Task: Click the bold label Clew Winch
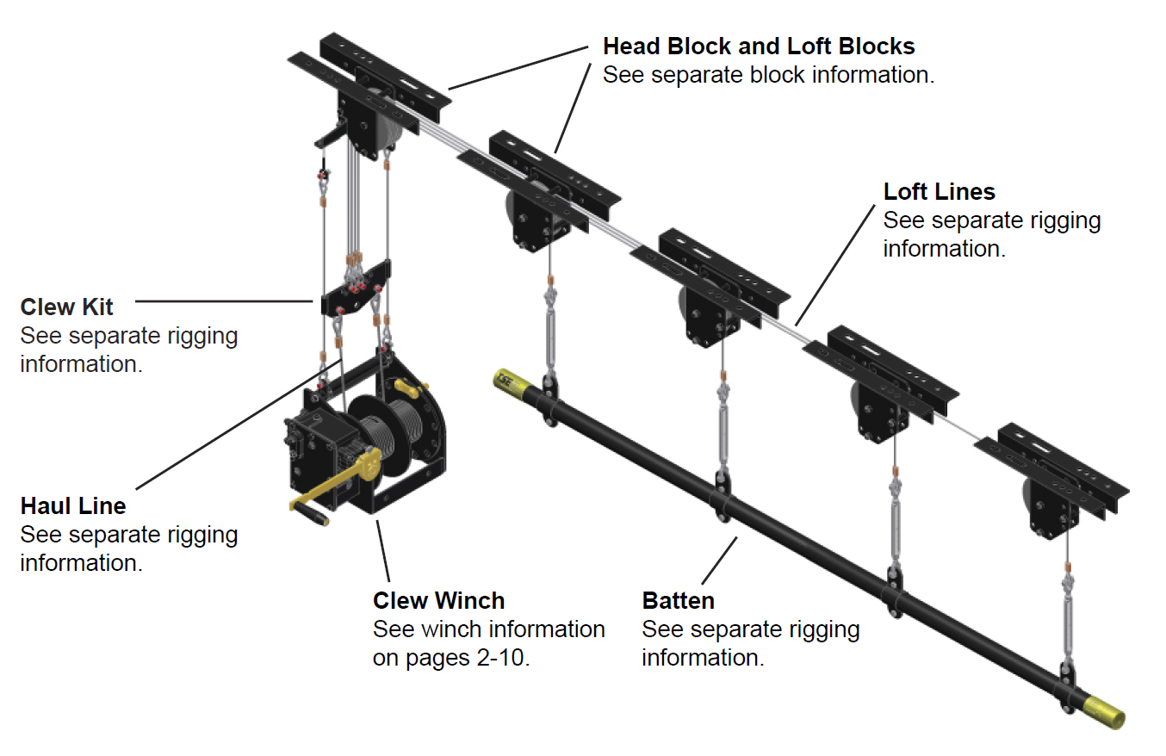pyautogui.click(x=438, y=599)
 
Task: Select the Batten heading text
pyautogui.click(x=678, y=599)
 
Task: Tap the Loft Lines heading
pyautogui.click(x=939, y=191)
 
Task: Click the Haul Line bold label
pyautogui.click(x=73, y=505)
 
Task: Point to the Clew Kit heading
pyautogui.click(x=66, y=307)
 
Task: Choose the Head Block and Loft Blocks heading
pyautogui.click(x=758, y=46)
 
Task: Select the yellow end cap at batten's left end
pyautogui.click(x=505, y=381)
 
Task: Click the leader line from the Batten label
pyautogui.click(x=719, y=560)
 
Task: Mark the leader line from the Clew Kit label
pyautogui.click(x=224, y=301)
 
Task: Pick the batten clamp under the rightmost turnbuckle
pyautogui.click(x=1068, y=685)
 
